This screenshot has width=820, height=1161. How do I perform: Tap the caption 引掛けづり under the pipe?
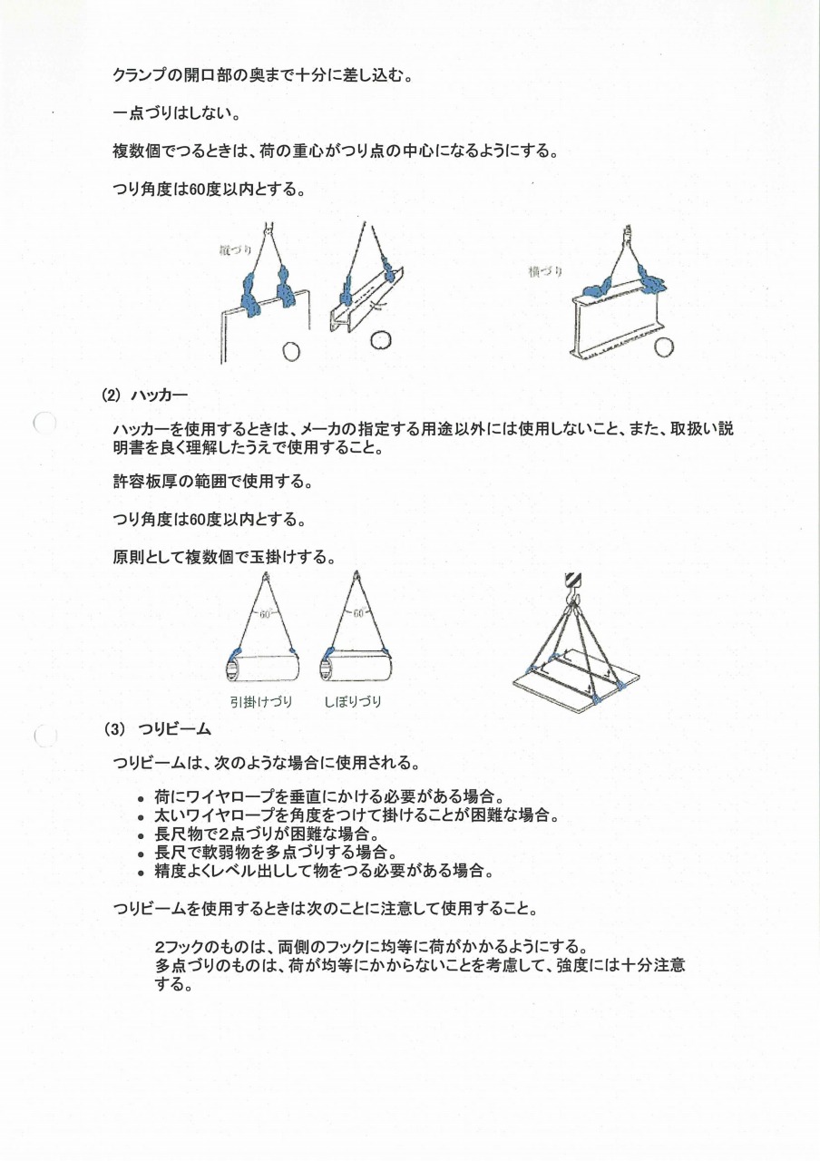(260, 701)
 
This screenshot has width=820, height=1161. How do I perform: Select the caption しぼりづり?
(353, 701)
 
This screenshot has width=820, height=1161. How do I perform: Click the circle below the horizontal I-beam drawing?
(665, 346)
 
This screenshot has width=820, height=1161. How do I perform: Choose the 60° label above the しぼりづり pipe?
(358, 614)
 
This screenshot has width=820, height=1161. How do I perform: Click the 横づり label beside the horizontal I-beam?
(545, 271)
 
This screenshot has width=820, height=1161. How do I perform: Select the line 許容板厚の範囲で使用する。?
(212, 483)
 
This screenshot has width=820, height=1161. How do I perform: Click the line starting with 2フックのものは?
(373, 947)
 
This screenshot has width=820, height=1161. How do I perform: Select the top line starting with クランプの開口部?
(263, 75)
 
